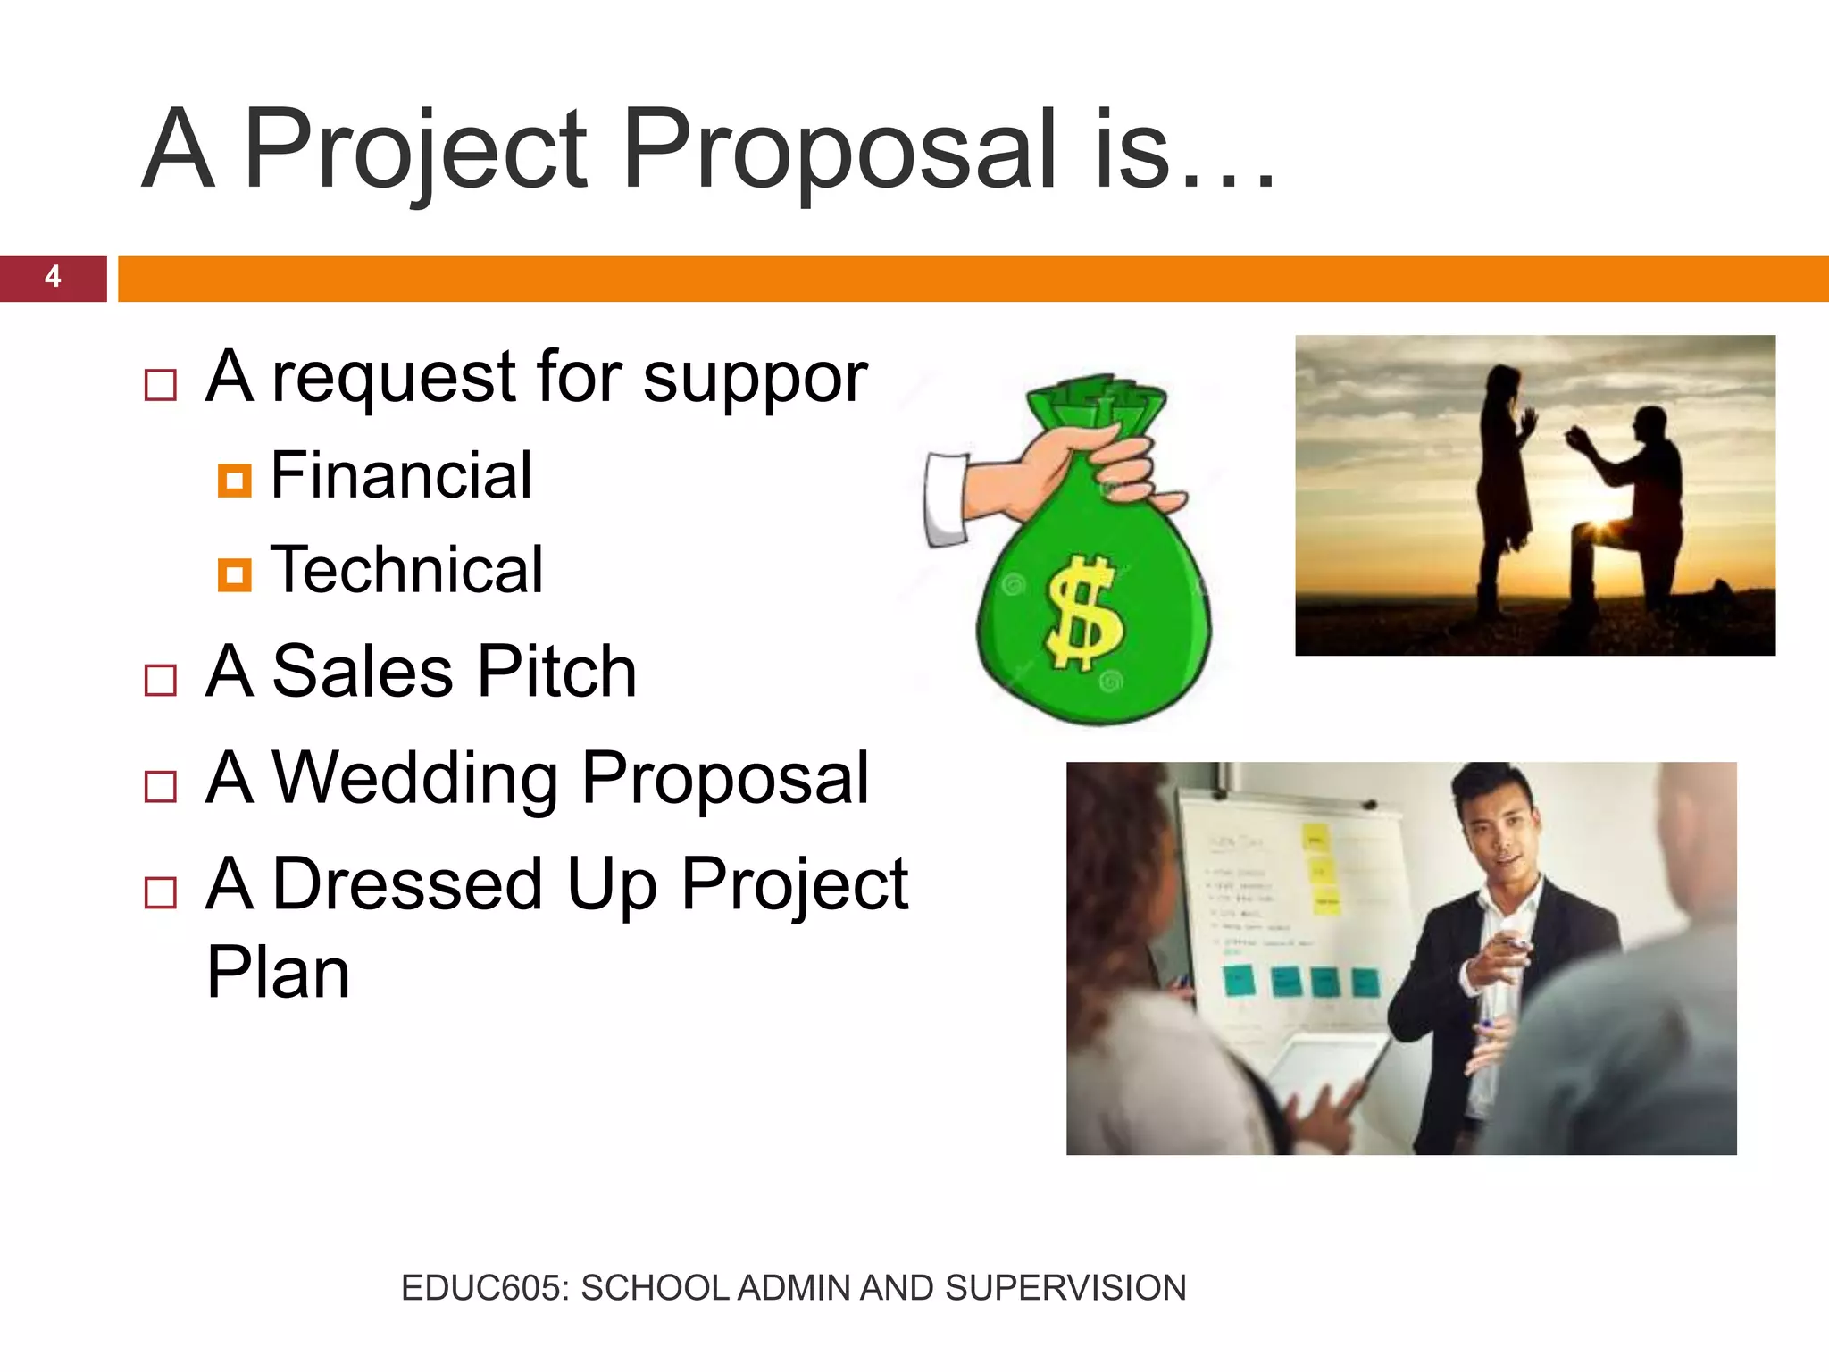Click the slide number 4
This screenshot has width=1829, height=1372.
pyautogui.click(x=53, y=277)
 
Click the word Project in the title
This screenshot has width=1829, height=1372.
pyautogui.click(x=414, y=150)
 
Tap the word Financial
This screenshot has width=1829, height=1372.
pyautogui.click(x=401, y=475)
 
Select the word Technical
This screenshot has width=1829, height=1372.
pyautogui.click(x=406, y=570)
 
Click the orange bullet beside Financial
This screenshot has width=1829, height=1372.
pyautogui.click(x=234, y=481)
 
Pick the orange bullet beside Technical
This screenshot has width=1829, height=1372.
pyautogui.click(x=234, y=574)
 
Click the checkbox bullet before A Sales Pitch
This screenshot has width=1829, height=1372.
pyautogui.click(x=161, y=681)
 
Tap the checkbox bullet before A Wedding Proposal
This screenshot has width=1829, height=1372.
pyautogui.click(x=161, y=787)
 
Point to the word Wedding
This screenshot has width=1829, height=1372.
pyautogui.click(x=415, y=778)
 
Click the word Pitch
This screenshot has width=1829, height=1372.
pyautogui.click(x=557, y=672)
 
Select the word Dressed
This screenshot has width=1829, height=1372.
pyautogui.click(x=407, y=884)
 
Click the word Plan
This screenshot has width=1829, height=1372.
pyautogui.click(x=278, y=973)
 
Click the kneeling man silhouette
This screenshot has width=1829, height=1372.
pyautogui.click(x=1634, y=509)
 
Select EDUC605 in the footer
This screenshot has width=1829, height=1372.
pyautogui.click(x=483, y=1288)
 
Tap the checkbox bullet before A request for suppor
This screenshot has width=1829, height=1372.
pyautogui.click(x=161, y=386)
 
